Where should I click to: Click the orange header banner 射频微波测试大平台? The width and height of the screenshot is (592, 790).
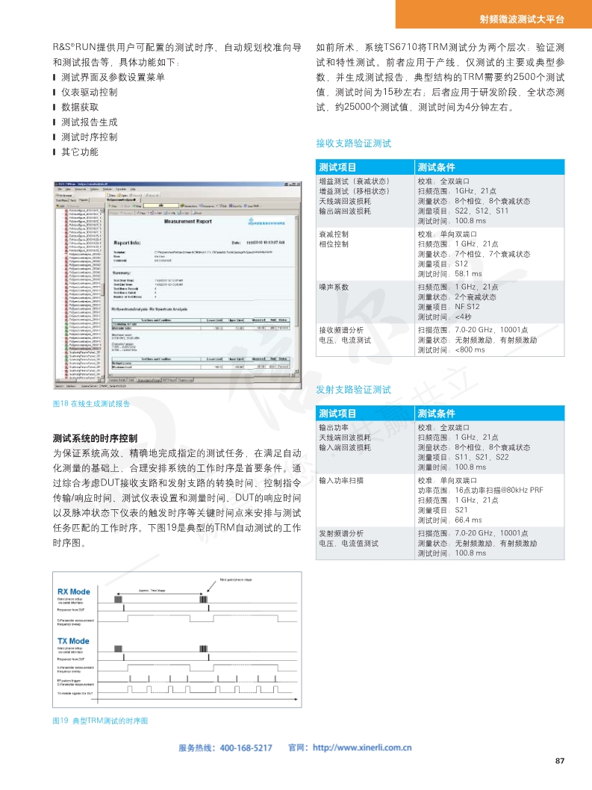(532, 19)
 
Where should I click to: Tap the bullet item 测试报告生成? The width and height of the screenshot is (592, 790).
(89, 122)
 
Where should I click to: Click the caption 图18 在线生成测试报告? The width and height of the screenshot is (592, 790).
(91, 403)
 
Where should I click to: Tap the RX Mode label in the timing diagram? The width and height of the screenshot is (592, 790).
(74, 591)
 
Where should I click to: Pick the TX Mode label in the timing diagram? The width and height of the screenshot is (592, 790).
(74, 641)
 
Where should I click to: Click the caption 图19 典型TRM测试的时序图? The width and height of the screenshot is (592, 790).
(100, 721)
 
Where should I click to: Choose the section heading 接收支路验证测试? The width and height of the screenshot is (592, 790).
(354, 143)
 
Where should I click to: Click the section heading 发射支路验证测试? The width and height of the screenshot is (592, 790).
(354, 389)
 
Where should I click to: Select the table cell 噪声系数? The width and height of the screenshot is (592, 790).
(334, 287)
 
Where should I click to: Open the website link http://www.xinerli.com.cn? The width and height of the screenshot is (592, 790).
(361, 747)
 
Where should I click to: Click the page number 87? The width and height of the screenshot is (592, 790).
(561, 761)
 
